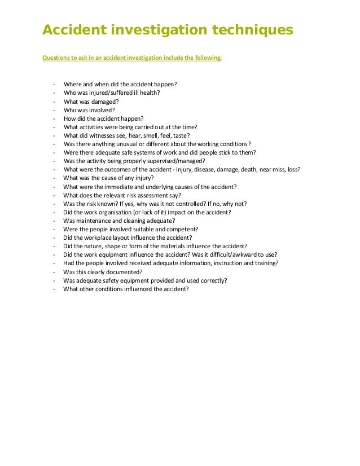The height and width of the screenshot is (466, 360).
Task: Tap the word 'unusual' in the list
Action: (x=124, y=144)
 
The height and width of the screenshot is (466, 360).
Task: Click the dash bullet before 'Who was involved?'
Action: (x=53, y=110)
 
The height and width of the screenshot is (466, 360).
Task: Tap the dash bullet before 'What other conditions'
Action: (x=53, y=289)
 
